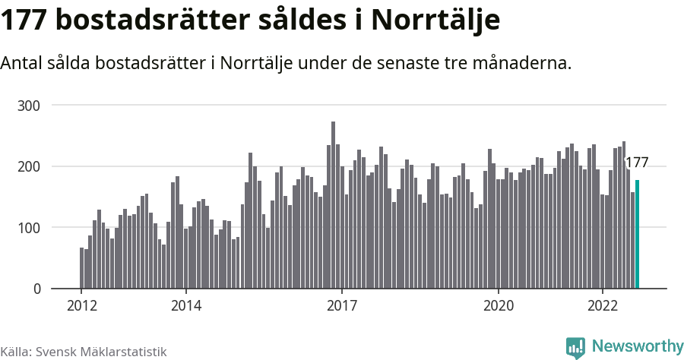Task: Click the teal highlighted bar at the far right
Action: (x=638, y=235)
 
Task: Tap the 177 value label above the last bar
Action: (x=636, y=162)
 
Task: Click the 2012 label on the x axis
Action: (x=81, y=306)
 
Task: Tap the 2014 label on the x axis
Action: (x=185, y=306)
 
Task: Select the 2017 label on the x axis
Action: (x=342, y=306)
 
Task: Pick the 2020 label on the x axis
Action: (x=499, y=306)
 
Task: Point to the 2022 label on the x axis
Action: (x=603, y=306)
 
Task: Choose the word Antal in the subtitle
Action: (x=24, y=63)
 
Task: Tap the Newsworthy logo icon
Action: (x=575, y=347)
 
